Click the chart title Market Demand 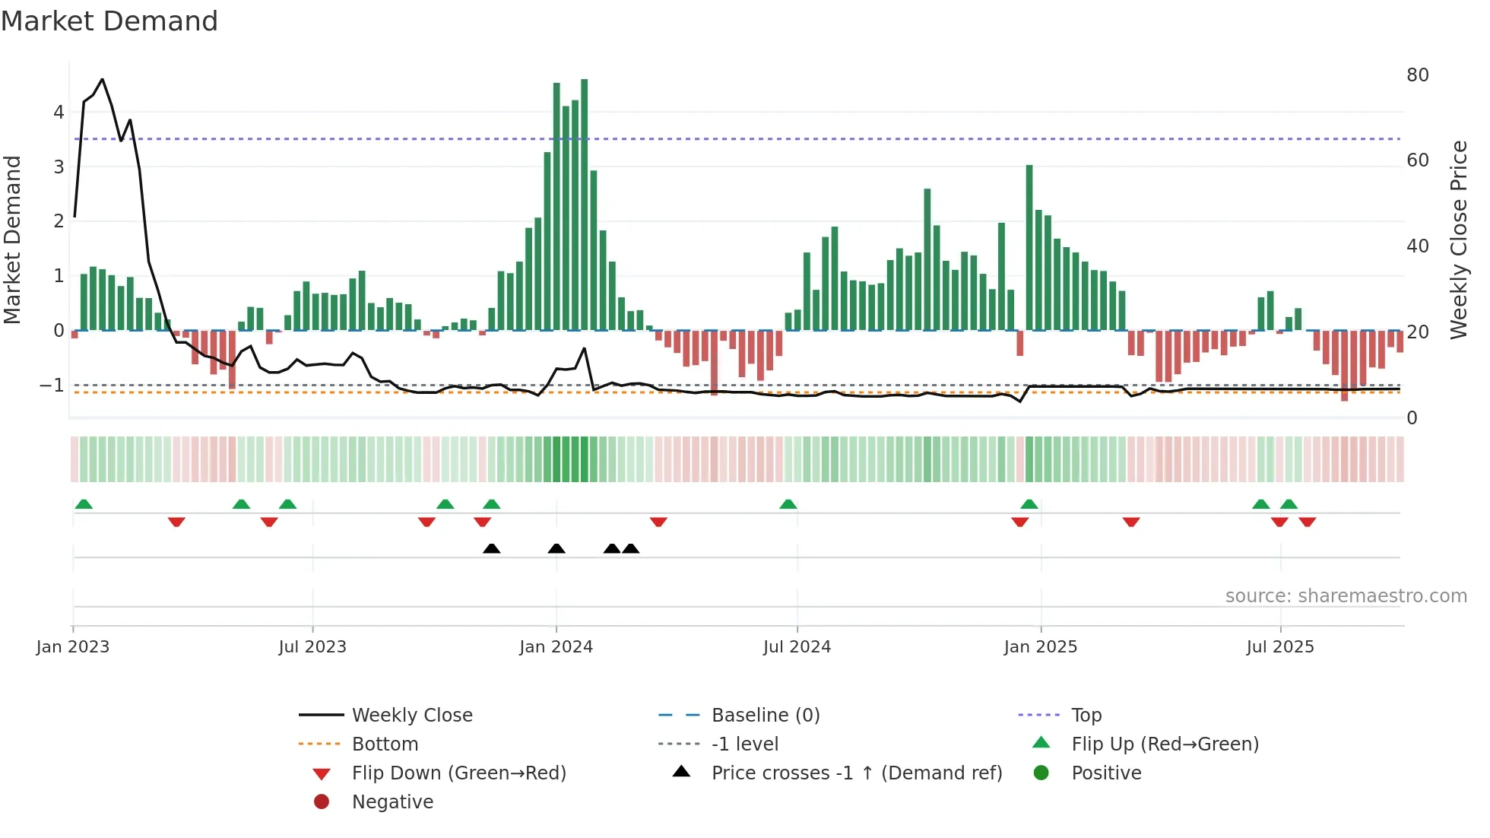[109, 21]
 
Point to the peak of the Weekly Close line [103, 79]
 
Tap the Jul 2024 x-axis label [797, 647]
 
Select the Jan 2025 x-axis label [1040, 647]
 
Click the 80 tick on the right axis [1417, 75]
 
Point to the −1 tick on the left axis [52, 386]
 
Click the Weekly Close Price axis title [1458, 240]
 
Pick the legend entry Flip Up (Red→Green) [1165, 744]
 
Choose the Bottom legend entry [385, 744]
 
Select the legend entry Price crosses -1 [856, 773]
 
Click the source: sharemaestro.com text [1346, 596]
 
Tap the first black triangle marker [492, 548]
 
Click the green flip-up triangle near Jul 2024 [788, 504]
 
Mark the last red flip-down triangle [1308, 522]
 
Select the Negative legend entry [392, 801]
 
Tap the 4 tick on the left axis [59, 113]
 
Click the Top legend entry [1086, 715]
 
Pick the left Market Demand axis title [13, 240]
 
